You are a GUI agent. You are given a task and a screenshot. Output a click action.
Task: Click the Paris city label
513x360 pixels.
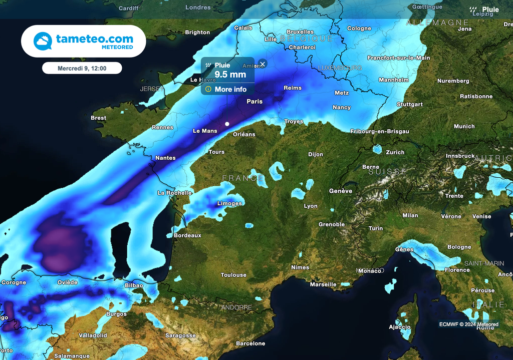(254, 101)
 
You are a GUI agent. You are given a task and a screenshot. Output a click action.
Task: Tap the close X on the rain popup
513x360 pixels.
(263, 64)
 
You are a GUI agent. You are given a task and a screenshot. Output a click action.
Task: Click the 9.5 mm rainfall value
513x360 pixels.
(230, 75)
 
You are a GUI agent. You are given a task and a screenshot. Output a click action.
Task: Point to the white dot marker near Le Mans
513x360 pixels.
(227, 124)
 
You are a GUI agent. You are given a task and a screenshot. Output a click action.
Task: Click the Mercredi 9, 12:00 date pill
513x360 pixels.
(82, 68)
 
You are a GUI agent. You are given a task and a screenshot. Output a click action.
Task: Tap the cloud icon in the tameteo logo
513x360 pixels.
(43, 41)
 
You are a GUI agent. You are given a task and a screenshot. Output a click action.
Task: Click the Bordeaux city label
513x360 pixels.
(187, 235)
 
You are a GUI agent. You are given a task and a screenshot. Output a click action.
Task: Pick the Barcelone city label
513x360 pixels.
(250, 343)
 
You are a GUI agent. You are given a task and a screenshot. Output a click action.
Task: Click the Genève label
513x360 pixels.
(341, 191)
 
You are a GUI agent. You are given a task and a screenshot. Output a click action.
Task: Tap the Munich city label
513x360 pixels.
(464, 126)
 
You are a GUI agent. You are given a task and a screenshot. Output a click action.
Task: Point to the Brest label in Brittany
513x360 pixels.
(98, 118)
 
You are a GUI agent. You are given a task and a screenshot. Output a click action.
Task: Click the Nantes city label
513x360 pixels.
(165, 158)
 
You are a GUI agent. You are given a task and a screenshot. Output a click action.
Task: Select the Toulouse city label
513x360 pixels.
(233, 275)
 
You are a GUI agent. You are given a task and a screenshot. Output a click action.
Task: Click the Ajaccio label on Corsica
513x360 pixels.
(400, 327)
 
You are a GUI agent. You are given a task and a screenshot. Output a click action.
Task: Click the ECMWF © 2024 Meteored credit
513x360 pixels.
(469, 324)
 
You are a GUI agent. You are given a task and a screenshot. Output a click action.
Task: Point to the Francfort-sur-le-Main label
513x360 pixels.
(398, 58)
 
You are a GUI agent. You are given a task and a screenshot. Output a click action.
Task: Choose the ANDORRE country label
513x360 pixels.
(236, 307)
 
